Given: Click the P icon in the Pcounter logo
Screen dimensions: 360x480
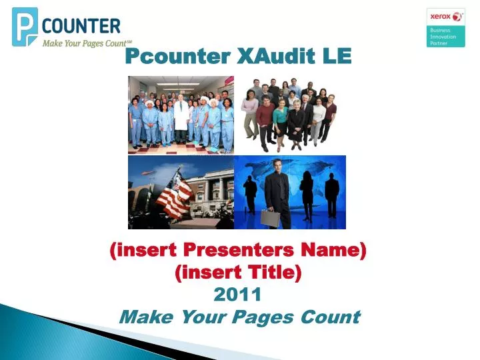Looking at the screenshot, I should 25,27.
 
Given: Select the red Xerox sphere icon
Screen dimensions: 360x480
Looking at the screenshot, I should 457,17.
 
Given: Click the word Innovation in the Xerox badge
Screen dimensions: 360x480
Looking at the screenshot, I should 443,37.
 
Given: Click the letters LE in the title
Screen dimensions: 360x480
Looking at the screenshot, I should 336,56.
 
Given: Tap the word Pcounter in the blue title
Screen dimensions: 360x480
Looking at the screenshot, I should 178,56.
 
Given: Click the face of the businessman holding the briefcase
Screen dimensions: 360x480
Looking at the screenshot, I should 277,167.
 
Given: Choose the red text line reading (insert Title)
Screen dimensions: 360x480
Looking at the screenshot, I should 238,272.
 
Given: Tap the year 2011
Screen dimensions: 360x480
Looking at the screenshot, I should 237,294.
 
